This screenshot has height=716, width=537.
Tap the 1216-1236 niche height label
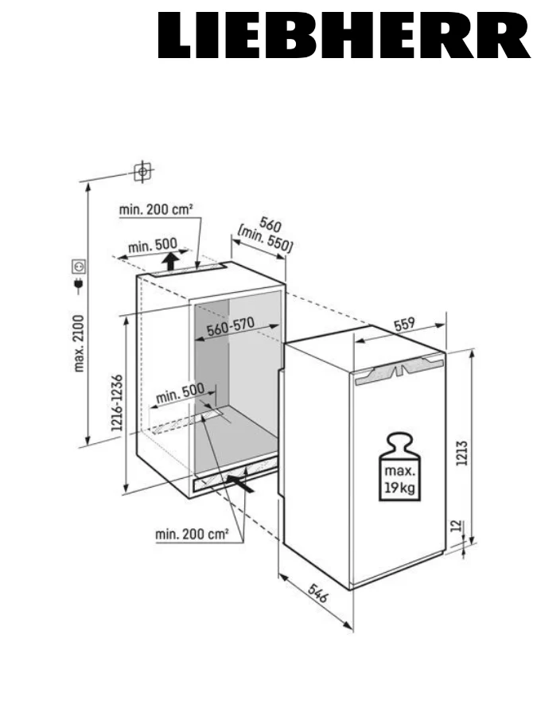tap(116, 403)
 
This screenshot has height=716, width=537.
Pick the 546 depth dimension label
tap(321, 597)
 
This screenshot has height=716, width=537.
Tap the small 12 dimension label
tap(454, 526)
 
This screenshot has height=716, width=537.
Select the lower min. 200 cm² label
tap(192, 535)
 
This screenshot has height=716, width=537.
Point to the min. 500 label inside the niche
tap(180, 392)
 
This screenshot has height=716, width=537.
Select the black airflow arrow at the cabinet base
tap(242, 480)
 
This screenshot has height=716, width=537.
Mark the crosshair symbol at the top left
tap(142, 171)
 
